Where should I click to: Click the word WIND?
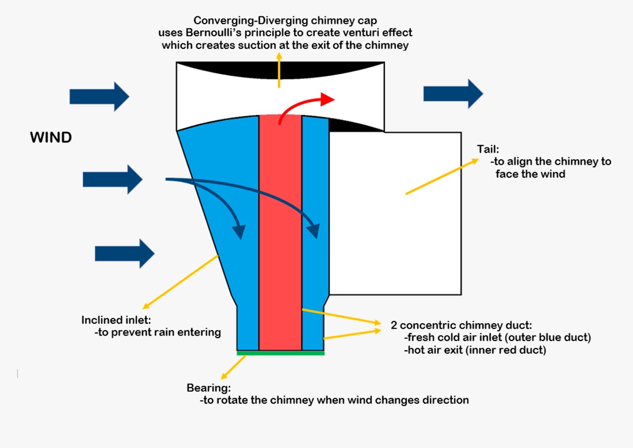coord(51,138)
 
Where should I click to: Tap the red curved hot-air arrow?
coord(297,103)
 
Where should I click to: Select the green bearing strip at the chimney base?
coord(280,353)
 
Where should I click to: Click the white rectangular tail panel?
coord(396,214)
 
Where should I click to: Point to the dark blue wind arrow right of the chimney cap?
coord(453,94)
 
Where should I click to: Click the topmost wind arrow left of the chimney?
coord(99,97)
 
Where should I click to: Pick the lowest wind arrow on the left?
coord(124,254)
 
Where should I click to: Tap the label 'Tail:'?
coord(488,149)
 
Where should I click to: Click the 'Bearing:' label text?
coord(208,388)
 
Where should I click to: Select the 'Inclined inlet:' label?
coord(116,320)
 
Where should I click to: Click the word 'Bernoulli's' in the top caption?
coord(213,33)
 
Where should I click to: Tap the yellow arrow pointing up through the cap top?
coord(279,70)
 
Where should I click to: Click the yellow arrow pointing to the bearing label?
coord(234,367)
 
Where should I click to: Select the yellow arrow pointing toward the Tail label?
coord(442,177)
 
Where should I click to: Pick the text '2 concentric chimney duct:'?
coord(461,325)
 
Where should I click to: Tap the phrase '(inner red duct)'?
coord(506,350)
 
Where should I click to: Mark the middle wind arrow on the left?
coord(113,180)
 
